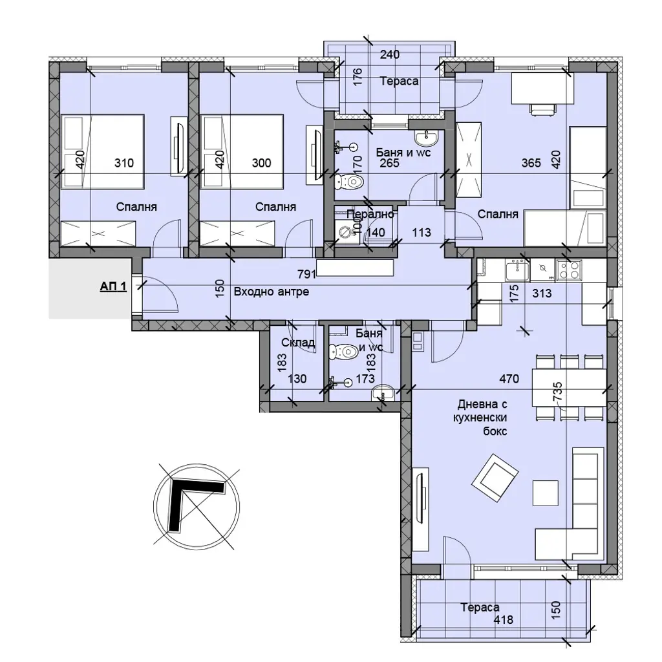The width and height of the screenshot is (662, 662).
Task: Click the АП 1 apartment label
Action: pos(113,286)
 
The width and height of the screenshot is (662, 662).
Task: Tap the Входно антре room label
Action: pos(271,292)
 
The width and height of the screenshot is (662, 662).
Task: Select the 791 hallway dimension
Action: pos(307,274)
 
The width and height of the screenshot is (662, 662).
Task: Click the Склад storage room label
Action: pos(298,343)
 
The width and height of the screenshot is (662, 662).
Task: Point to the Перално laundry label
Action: pos(370,214)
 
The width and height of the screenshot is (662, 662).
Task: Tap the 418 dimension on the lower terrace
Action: pos(504,620)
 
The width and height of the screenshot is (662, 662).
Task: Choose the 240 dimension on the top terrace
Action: pos(390,54)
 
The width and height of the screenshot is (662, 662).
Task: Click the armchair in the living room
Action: pos(495,478)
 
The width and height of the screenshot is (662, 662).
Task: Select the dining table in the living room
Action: pos(569,388)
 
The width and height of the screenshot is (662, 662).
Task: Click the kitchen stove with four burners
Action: pos(569,270)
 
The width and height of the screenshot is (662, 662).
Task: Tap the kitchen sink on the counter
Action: pos(517,270)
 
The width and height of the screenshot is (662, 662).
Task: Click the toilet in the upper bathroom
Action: pos(350,182)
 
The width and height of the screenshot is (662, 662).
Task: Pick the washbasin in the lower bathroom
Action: pos(383,393)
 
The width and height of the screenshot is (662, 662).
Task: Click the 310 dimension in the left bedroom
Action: pos(124,163)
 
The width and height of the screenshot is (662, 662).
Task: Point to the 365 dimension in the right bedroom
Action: pos(531,163)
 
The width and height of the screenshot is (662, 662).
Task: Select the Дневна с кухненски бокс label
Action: pos(482,418)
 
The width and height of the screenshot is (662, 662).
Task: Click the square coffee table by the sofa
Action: pos(546,493)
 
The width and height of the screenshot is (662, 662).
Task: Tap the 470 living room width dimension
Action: pos(509,379)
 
